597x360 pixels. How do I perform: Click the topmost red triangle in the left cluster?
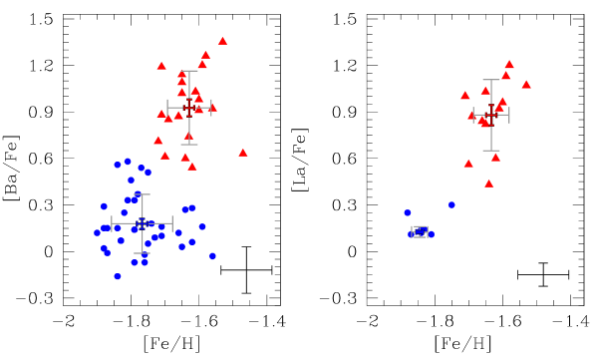tap(222, 41)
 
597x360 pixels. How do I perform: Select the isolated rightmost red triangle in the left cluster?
tap(243, 153)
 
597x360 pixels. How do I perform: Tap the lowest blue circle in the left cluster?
tap(118, 276)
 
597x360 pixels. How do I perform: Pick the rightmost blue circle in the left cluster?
tap(212, 256)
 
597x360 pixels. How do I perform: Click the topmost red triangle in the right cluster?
tap(509, 64)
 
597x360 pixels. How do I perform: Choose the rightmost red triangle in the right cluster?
tap(526, 85)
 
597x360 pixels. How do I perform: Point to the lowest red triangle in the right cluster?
tap(488, 183)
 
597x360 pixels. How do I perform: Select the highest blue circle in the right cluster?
tap(451, 205)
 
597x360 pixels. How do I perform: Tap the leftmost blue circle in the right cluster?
tap(408, 212)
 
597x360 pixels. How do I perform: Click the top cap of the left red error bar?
tap(189, 71)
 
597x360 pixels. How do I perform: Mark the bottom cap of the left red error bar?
tap(189, 145)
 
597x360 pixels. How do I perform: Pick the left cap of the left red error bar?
tap(167, 108)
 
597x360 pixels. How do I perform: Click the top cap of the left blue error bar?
tap(143, 194)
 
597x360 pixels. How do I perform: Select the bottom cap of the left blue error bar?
tap(143, 253)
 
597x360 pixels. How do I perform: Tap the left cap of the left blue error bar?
tap(112, 223)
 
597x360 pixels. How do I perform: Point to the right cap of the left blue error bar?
tap(172, 223)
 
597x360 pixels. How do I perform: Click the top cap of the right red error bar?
tap(491, 80)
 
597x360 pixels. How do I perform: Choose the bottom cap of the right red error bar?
tap(491, 151)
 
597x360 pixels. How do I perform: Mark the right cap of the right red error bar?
tap(509, 115)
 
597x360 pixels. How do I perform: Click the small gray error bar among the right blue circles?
tap(420, 232)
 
